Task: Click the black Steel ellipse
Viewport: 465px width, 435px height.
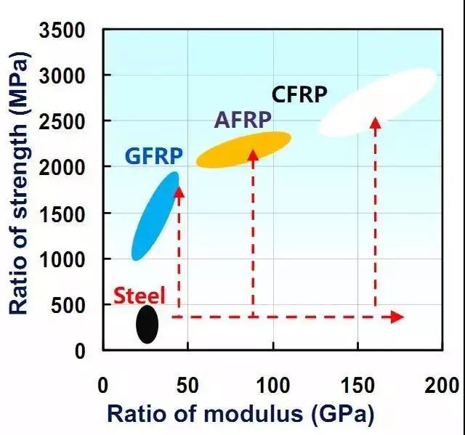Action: (147, 325)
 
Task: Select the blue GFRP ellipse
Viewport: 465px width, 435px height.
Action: (155, 216)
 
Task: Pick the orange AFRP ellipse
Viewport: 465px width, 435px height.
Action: (243, 150)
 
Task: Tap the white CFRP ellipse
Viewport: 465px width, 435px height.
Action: (378, 102)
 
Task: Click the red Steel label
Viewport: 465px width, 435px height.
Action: (139, 296)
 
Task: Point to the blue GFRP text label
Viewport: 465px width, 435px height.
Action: (153, 156)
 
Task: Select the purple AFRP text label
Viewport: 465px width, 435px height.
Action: (243, 120)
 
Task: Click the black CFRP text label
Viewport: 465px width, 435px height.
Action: (299, 94)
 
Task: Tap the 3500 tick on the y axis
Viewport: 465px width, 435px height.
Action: (63, 31)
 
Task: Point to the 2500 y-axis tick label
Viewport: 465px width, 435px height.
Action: (63, 121)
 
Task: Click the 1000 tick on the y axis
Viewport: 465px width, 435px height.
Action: (63, 259)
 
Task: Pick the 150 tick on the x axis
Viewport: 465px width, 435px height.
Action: (357, 383)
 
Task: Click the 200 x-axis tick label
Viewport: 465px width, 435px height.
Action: (442, 383)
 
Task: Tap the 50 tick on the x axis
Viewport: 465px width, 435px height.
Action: (187, 383)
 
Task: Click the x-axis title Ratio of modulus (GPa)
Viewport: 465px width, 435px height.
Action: (240, 414)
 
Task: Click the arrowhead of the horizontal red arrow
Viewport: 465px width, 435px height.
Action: (396, 317)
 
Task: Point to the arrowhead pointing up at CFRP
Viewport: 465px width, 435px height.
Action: (375, 122)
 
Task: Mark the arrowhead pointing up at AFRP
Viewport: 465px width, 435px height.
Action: (253, 155)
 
